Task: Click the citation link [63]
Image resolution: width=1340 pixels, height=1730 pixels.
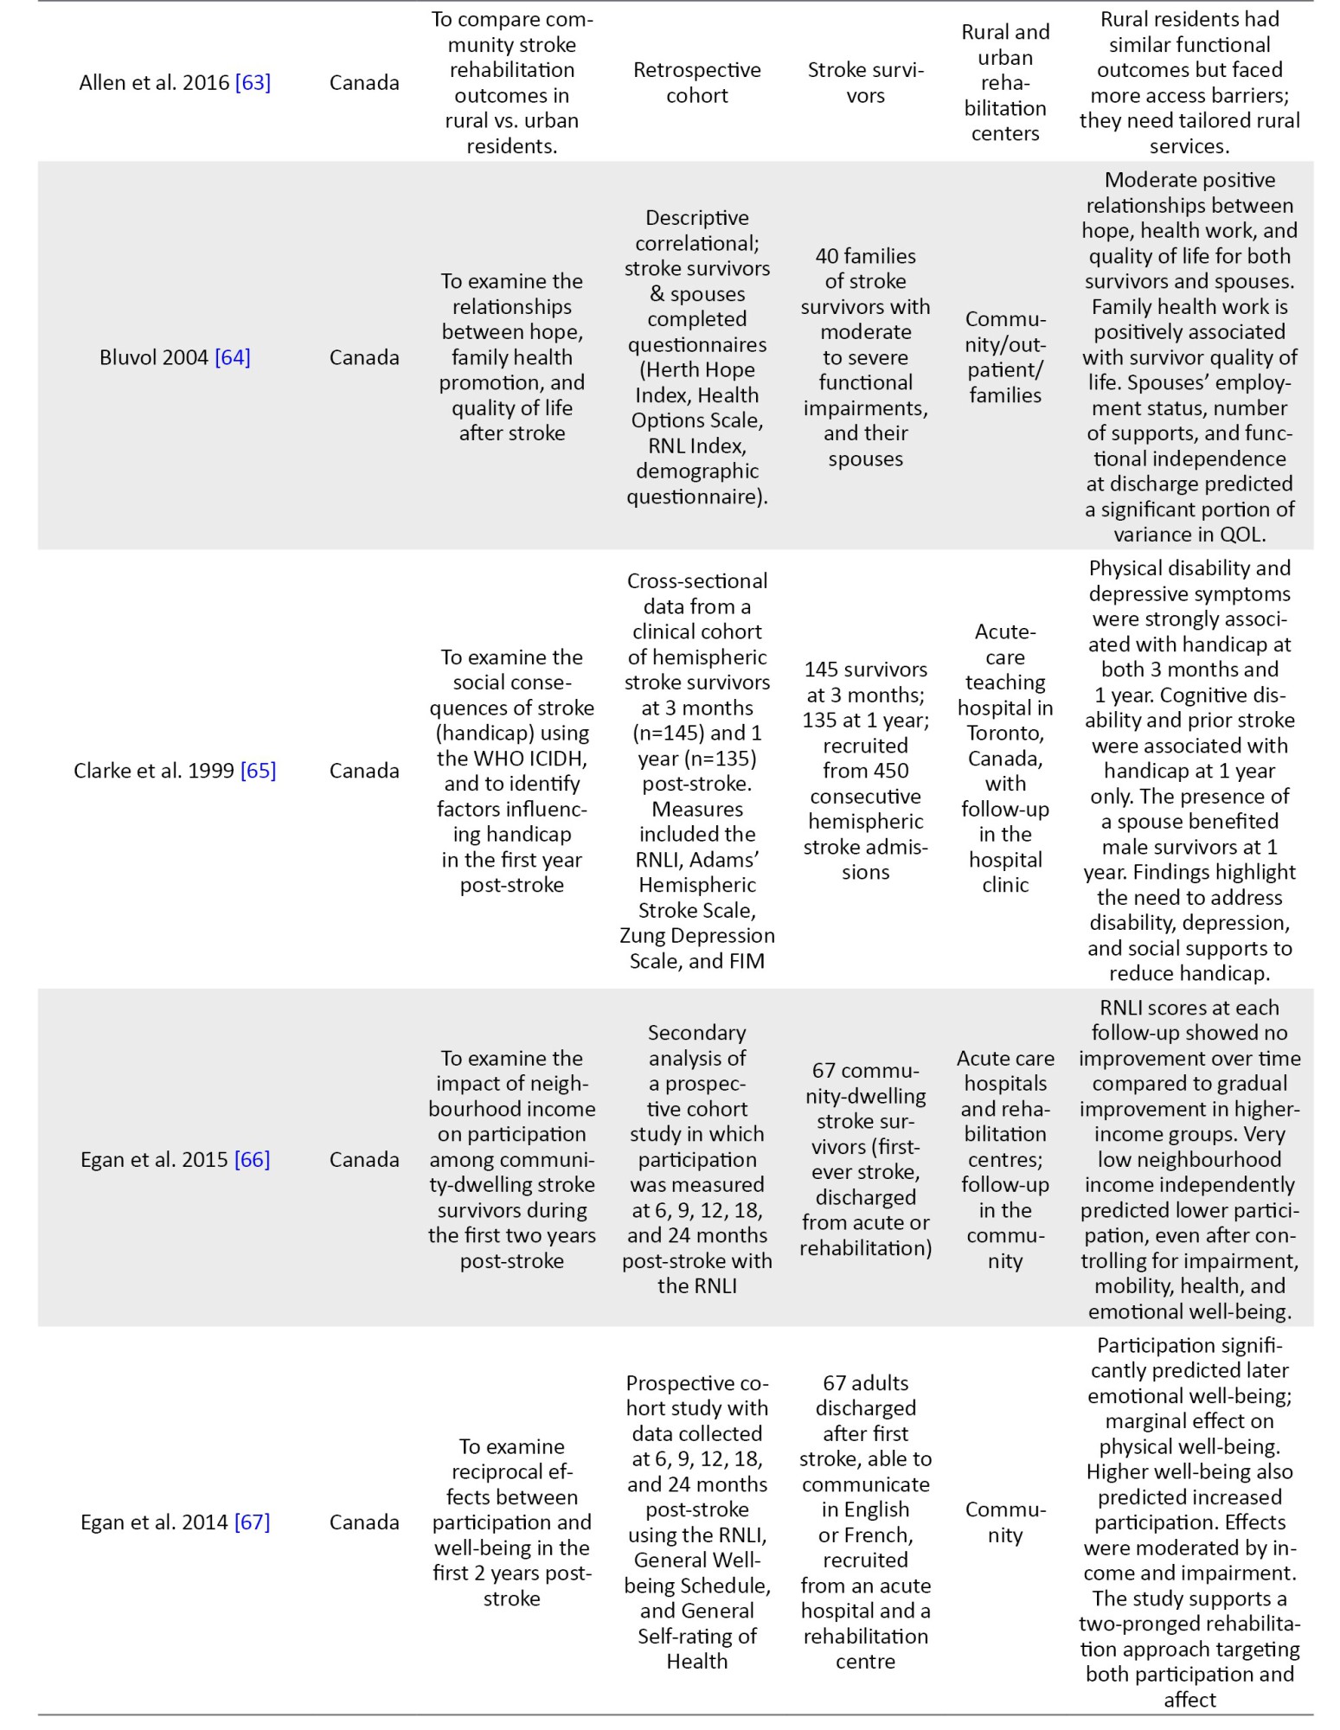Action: [x=253, y=83]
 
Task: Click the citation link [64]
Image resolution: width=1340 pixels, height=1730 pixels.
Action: [x=233, y=357]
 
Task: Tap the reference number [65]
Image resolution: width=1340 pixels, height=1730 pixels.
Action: [x=258, y=771]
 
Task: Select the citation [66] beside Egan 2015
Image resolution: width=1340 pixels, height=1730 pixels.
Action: [x=252, y=1159]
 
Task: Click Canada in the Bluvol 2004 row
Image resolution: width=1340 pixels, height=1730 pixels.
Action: [x=364, y=357]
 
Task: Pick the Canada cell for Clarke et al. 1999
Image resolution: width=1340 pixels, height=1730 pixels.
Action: [x=364, y=771]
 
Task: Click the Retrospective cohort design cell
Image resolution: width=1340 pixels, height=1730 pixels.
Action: [x=696, y=83]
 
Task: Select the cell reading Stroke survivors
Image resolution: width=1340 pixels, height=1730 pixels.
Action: [x=865, y=83]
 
